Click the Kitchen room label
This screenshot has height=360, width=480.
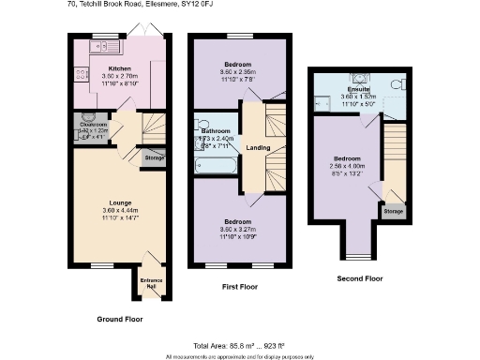point(119,68)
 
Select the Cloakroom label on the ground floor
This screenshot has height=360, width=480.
point(94,124)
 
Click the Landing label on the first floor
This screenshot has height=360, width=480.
point(258,147)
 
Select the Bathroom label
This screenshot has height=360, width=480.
point(216,130)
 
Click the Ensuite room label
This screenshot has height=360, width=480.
point(358,89)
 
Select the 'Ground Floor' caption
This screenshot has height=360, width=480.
point(121,320)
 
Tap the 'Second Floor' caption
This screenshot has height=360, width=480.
point(360,278)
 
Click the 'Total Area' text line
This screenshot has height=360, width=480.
point(240,346)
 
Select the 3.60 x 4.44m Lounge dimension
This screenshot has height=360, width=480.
point(119,210)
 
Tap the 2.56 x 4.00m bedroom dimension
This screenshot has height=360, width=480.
point(349,165)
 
